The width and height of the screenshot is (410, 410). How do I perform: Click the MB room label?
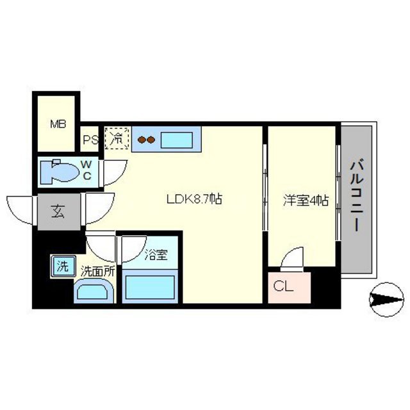[x=58, y=124]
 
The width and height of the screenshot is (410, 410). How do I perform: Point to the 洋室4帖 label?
[x=306, y=200]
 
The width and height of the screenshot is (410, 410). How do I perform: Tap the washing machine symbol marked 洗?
[x=63, y=266]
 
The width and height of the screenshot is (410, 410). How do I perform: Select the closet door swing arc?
[x=292, y=259]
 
